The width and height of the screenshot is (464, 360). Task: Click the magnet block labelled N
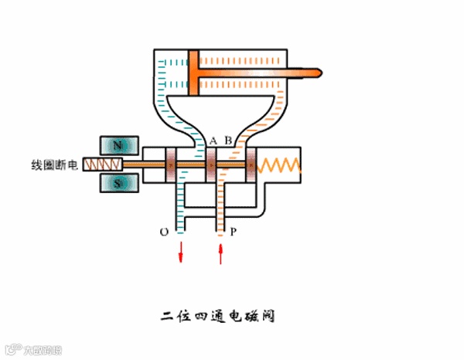pos(119,144)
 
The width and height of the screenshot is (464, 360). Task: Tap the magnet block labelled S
pos(119,184)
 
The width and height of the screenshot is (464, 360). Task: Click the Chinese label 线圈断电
pos(55,165)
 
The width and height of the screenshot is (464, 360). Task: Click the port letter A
pos(213,141)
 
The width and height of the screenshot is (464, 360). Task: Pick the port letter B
pos(227,141)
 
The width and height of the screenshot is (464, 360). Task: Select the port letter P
pos(234,231)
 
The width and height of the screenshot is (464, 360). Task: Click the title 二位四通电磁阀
pos(218,316)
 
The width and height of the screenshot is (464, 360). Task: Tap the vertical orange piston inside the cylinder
pos(193,74)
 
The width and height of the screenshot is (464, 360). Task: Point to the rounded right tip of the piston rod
pos(317,74)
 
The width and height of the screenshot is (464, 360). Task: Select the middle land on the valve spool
pos(210,165)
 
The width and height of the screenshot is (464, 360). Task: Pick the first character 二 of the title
pos(165,316)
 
